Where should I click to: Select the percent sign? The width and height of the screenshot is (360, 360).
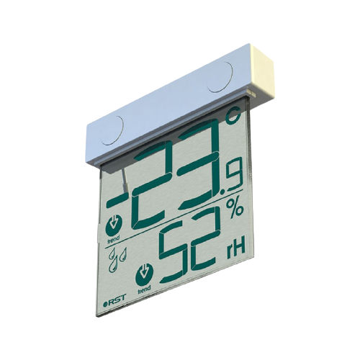coord(235,209)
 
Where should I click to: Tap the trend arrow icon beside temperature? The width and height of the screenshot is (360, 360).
coord(114,224)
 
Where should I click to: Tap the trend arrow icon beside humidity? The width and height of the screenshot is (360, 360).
coord(144,275)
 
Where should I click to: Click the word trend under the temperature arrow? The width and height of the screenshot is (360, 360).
coord(114,237)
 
